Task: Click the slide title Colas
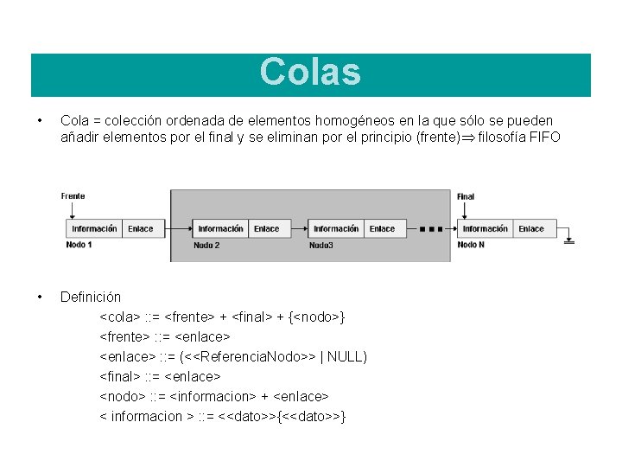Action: (x=310, y=73)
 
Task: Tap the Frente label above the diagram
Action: (x=73, y=196)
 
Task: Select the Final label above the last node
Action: (x=466, y=196)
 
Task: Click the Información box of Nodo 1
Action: (x=94, y=229)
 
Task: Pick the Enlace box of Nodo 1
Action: (x=140, y=229)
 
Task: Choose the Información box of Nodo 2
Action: (x=220, y=229)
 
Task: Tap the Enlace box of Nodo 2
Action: (x=266, y=229)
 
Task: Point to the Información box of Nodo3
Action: (x=336, y=229)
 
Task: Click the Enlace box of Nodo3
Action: (x=382, y=229)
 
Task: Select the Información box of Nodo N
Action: (x=485, y=229)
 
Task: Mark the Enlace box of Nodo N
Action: (x=531, y=229)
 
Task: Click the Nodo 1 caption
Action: (x=79, y=245)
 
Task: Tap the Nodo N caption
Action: (x=471, y=245)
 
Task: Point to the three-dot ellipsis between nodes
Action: (x=430, y=230)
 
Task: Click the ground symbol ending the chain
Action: (x=568, y=241)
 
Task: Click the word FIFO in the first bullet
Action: (x=544, y=138)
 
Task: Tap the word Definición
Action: (x=91, y=297)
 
